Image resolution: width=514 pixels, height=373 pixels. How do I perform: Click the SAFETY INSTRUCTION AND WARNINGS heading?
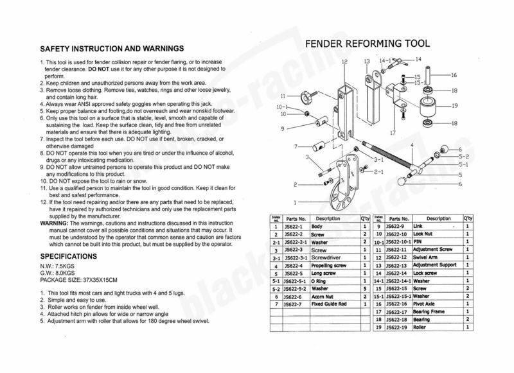[x=112, y=49]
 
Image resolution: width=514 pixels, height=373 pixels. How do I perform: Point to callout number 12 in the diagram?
[x=344, y=62]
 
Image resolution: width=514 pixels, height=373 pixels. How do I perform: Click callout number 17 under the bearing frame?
[x=391, y=134]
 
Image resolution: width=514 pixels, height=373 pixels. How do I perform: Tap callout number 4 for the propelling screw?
[x=411, y=145]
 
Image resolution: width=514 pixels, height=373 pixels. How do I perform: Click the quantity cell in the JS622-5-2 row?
[x=365, y=288]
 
